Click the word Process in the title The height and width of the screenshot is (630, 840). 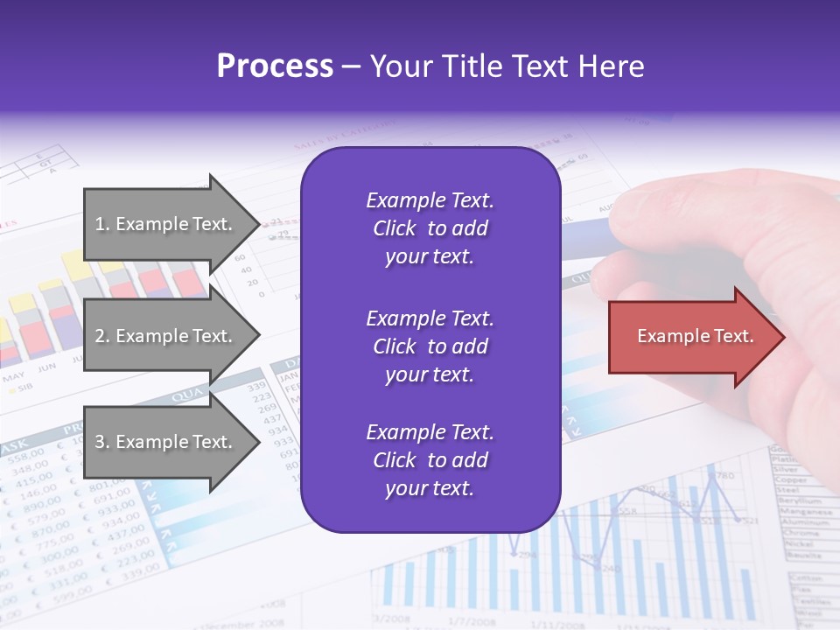coord(275,66)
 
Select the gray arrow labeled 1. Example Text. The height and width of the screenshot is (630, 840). coord(166,224)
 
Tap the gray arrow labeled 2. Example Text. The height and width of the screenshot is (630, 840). coord(166,336)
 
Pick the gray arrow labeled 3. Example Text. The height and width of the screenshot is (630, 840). coord(166,442)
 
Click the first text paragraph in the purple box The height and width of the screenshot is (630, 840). coord(430,228)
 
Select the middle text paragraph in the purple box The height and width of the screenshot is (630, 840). coord(430,346)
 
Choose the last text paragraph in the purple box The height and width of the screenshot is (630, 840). coord(430,460)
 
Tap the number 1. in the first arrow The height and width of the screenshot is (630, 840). coord(102,224)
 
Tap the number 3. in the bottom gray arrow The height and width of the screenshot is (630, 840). coord(102,442)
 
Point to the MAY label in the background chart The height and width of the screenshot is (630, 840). coord(13,378)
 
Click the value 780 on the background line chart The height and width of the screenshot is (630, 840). coord(724,476)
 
